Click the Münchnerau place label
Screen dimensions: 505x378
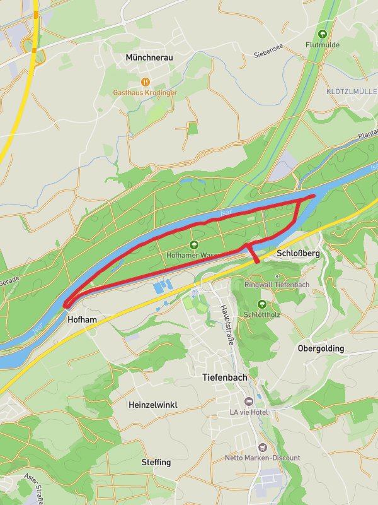coord(149,57)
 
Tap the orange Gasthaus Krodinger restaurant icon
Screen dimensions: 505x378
coord(146,81)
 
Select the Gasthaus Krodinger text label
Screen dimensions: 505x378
coord(145,93)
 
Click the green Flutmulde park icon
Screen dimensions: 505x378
coord(323,34)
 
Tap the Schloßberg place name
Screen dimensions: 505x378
coord(299,252)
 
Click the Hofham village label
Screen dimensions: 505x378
coord(82,320)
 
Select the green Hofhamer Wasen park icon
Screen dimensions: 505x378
coord(193,245)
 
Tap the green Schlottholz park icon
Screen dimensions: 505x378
coord(261,304)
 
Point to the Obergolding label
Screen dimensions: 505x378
coord(321,348)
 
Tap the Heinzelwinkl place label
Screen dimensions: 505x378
coord(152,404)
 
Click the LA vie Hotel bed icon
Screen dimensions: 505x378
coord(249,401)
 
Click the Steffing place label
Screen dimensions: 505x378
coord(156,462)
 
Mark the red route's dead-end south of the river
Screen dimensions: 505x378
coord(256,261)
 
